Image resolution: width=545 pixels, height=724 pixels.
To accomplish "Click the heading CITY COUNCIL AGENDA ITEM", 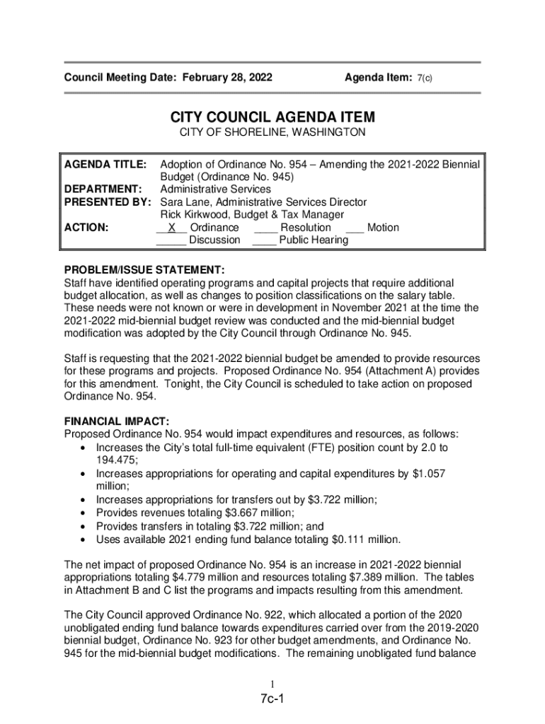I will pyautogui.click(x=272, y=117).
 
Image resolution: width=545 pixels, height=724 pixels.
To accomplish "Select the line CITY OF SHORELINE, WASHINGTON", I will pyautogui.click(x=272, y=133).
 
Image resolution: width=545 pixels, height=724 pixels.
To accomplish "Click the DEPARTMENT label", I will pyautogui.click(x=103, y=189).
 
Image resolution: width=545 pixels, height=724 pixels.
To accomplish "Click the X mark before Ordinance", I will pyautogui.click(x=171, y=228).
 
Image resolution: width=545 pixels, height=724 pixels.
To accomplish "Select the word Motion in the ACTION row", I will pyautogui.click(x=383, y=228).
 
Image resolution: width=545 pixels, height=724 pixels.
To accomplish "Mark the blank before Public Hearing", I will pyautogui.click(x=264, y=240).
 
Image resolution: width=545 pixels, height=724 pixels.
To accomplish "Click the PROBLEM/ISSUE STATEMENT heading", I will pyautogui.click(x=144, y=270).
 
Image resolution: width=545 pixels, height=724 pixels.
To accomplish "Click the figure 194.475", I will pyautogui.click(x=116, y=460).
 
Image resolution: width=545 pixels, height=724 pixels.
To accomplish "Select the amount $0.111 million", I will pyautogui.click(x=365, y=540).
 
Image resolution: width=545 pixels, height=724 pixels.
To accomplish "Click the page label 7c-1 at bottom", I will pyautogui.click(x=272, y=700).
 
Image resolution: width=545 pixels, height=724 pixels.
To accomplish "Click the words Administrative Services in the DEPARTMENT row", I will pyautogui.click(x=215, y=189).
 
